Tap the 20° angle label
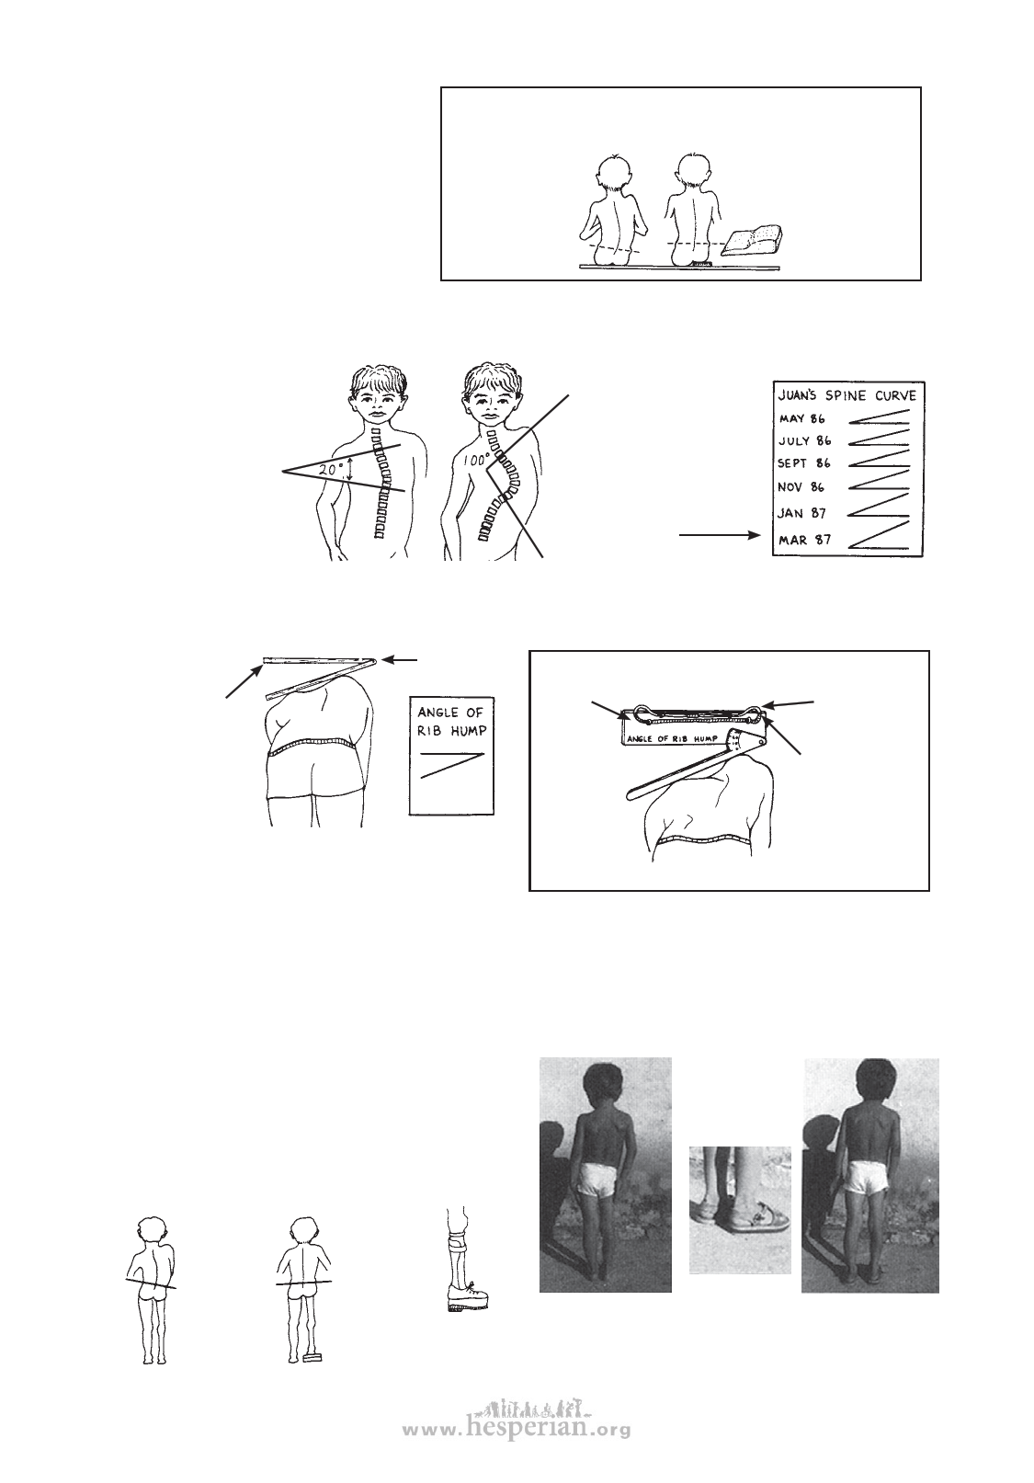[x=332, y=470]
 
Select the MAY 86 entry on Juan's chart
[x=801, y=418]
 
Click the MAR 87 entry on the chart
[x=804, y=539]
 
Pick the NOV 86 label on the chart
[x=801, y=487]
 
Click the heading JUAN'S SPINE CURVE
[x=848, y=395]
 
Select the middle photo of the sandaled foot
[x=740, y=1210]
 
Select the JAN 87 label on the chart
[x=801, y=513]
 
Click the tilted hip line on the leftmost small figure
[x=151, y=1283]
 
